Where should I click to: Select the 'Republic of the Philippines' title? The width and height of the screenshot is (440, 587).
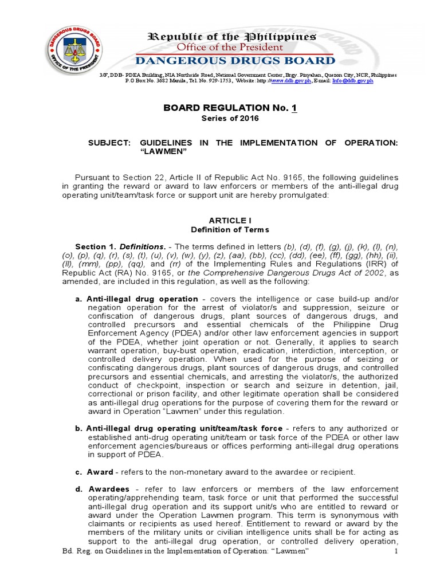[232, 37]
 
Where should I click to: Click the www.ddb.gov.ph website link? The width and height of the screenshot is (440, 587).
[291, 81]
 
